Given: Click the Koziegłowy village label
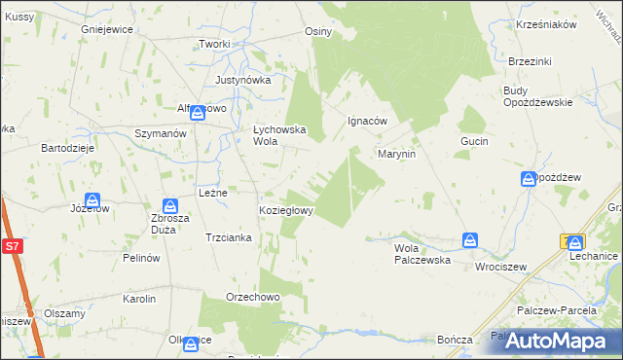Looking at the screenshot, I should pos(285,210).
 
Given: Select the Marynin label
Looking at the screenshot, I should pos(397,154).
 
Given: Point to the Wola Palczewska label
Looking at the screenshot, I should pos(421,254).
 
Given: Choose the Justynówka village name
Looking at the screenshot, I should pos(242,80).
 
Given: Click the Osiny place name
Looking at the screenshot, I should pos(318,31).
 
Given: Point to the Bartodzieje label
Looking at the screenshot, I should pos(66,148).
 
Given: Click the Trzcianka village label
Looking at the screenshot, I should pos(230,237).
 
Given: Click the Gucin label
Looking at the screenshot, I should pos(474,141).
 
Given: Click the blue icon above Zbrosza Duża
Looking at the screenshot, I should pos(170,206).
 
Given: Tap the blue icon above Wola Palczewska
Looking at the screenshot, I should pos(471,239).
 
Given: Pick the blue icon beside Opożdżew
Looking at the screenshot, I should pos(529,178).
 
